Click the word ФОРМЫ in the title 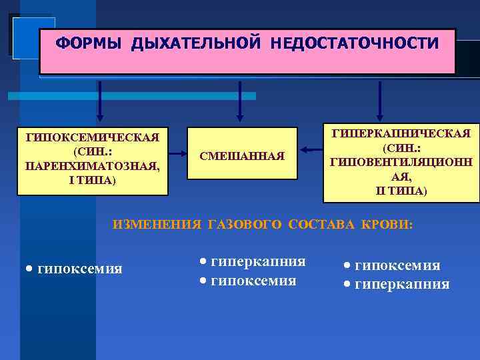click(x=89, y=44)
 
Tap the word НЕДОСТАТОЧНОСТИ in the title click(x=355, y=44)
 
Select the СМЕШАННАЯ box click(x=242, y=156)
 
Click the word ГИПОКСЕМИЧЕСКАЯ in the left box click(x=92, y=138)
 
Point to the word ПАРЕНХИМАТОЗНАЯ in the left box click(x=92, y=166)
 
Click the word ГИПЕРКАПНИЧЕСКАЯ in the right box click(x=401, y=133)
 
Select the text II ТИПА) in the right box click(x=401, y=191)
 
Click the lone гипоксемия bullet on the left click(x=80, y=269)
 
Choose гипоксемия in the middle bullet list click(x=253, y=281)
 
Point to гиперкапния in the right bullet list click(x=402, y=285)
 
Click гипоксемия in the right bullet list click(x=397, y=265)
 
